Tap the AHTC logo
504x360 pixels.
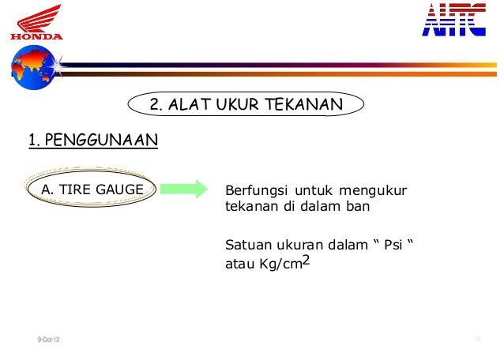point(453,20)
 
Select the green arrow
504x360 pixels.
point(182,189)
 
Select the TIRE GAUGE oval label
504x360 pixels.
point(92,189)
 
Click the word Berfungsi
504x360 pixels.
point(257,190)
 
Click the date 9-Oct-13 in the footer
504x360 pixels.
point(48,340)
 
